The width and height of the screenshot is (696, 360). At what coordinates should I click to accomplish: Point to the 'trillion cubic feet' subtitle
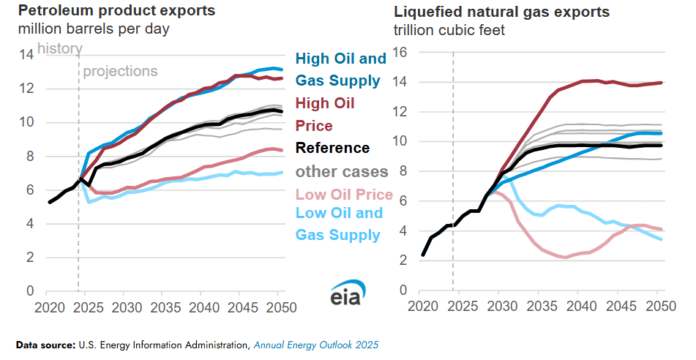pyautogui.click(x=449, y=31)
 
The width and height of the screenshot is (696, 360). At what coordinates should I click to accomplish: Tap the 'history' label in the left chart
pyautogui.click(x=59, y=49)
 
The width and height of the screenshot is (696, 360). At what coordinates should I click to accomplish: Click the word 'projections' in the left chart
pyautogui.click(x=120, y=71)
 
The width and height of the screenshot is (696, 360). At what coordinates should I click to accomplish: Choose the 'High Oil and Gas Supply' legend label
pyautogui.click(x=340, y=70)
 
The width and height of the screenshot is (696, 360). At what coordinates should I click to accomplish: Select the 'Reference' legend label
pyautogui.click(x=332, y=148)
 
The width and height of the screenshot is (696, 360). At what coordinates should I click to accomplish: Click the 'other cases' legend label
pyautogui.click(x=341, y=172)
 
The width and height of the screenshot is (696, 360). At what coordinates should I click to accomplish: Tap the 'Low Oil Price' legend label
pyautogui.click(x=344, y=195)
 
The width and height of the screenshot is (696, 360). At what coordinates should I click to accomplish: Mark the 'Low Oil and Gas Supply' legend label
pyautogui.click(x=339, y=224)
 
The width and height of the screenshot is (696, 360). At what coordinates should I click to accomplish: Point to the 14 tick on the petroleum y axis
pyautogui.click(x=26, y=54)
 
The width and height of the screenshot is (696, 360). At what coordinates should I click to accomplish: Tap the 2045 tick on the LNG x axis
pyautogui.click(x=618, y=305)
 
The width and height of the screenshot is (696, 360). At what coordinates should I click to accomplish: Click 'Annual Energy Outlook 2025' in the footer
pyautogui.click(x=316, y=343)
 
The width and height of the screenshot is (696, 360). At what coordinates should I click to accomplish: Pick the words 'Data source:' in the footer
pyautogui.click(x=44, y=343)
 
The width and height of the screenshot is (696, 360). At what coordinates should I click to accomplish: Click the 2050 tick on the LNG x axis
pyautogui.click(x=657, y=305)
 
